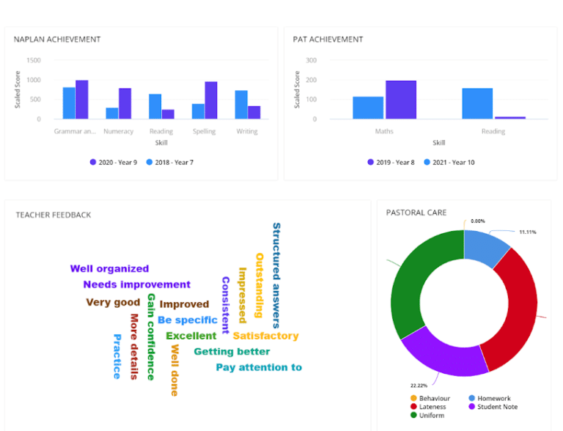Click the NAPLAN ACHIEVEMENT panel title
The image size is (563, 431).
pyautogui.click(x=57, y=40)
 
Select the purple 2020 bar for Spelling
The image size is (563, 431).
pyautogui.click(x=211, y=100)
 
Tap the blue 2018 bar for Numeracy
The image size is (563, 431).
pyautogui.click(x=111, y=113)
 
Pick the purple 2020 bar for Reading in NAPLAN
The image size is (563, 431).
pyautogui.click(x=168, y=114)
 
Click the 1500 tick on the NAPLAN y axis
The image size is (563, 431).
pyautogui.click(x=34, y=61)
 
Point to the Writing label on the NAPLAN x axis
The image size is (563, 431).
pyautogui.click(x=247, y=132)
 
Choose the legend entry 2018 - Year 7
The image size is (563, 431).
pyautogui.click(x=170, y=162)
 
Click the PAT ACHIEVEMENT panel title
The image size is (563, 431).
pyautogui.click(x=328, y=40)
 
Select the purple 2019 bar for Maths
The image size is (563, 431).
pyautogui.click(x=401, y=100)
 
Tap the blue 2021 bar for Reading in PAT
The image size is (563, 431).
pyautogui.click(x=477, y=103)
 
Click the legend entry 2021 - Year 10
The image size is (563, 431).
pyautogui.click(x=448, y=162)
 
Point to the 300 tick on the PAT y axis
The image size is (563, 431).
pyautogui.click(x=312, y=61)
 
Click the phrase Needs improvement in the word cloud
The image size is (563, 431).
pyautogui.click(x=136, y=284)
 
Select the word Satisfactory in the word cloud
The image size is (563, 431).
pyautogui.click(x=265, y=336)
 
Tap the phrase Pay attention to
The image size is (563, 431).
pyautogui.click(x=259, y=367)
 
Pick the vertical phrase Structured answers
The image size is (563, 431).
pyautogui.click(x=276, y=275)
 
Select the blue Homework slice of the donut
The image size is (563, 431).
pyautogui.click(x=485, y=247)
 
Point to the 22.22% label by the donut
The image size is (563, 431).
pyautogui.click(x=419, y=385)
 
